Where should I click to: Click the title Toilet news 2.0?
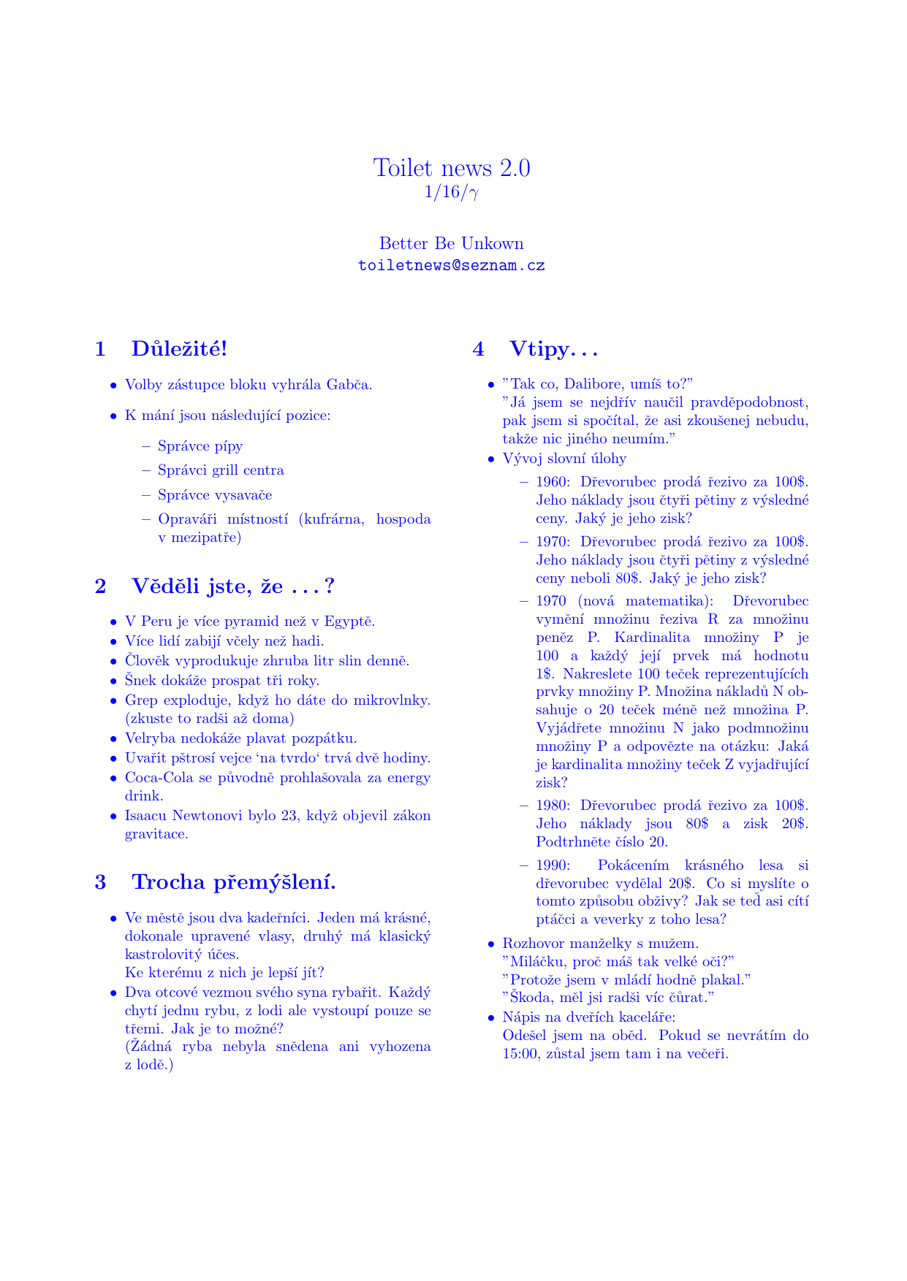pyautogui.click(x=452, y=168)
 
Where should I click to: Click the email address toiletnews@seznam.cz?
pyautogui.click(x=452, y=266)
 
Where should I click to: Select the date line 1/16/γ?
pyautogui.click(x=452, y=192)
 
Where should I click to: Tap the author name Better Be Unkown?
pyautogui.click(x=452, y=243)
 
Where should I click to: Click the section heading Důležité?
pyautogui.click(x=179, y=349)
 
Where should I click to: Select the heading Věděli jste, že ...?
pyautogui.click(x=232, y=586)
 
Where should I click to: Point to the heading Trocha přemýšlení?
pyautogui.click(x=233, y=882)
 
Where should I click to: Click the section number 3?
pyautogui.click(x=100, y=882)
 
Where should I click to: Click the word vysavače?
pyautogui.click(x=244, y=495)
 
